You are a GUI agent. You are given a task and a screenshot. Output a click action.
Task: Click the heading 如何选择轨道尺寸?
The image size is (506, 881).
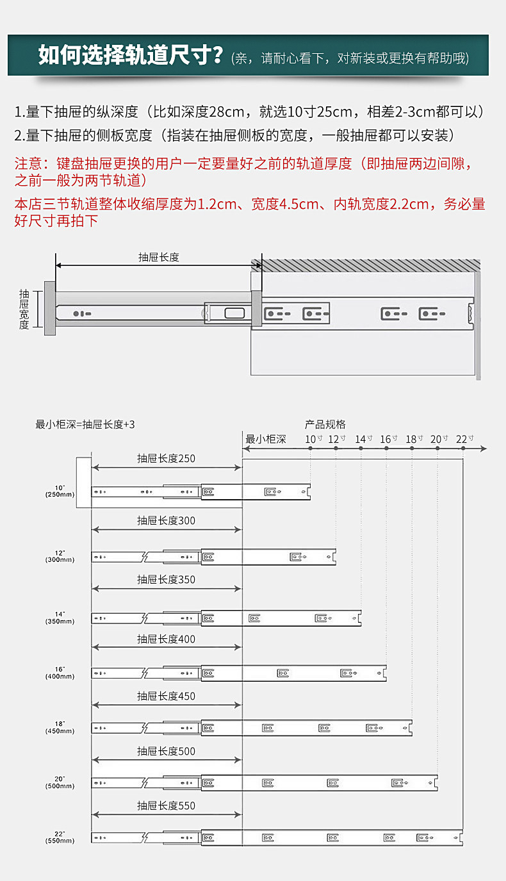130,56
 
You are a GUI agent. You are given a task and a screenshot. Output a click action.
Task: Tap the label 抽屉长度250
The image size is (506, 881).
166,459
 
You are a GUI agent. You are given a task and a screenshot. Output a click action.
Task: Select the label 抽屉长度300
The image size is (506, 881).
166,521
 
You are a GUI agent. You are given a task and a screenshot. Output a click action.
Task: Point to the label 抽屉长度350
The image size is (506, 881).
166,580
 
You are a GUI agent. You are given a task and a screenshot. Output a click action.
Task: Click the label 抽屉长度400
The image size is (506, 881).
166,639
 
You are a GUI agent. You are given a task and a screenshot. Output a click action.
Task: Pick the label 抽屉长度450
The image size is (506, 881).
166,696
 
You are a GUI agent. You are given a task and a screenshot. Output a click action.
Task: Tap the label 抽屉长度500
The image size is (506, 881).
166,752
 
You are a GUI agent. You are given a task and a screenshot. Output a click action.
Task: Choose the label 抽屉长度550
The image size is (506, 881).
166,806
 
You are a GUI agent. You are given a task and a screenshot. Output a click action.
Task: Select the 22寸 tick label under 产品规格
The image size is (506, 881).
464,439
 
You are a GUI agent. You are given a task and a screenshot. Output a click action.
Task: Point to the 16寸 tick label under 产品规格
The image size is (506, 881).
389,439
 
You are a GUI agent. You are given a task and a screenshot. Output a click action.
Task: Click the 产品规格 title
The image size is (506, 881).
325,424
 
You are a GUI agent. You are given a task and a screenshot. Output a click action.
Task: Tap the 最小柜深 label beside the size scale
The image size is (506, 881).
266,439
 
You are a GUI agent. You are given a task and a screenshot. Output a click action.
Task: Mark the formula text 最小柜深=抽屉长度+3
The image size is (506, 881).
85,424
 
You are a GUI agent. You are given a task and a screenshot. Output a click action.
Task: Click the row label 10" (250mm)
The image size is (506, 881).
60,491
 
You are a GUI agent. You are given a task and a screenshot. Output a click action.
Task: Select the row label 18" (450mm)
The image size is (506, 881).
60,727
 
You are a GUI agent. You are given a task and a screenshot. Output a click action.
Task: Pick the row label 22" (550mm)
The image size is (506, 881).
60,837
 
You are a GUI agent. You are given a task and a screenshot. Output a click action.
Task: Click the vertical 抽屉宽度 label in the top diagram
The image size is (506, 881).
24,309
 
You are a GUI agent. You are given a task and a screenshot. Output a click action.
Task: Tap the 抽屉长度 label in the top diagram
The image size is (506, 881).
159,257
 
